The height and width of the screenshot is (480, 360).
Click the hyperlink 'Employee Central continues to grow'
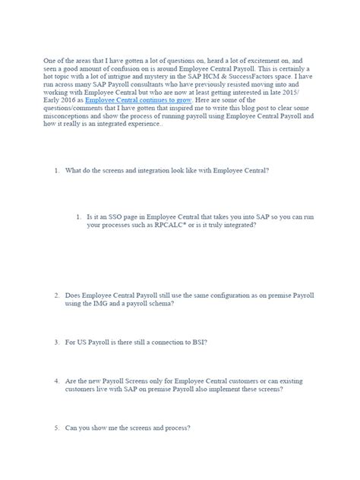150,101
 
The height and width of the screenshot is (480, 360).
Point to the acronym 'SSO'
118,217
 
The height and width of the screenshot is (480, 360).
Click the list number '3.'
57,342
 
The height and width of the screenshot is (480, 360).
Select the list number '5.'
57,428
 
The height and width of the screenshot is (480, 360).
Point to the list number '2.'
57,295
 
